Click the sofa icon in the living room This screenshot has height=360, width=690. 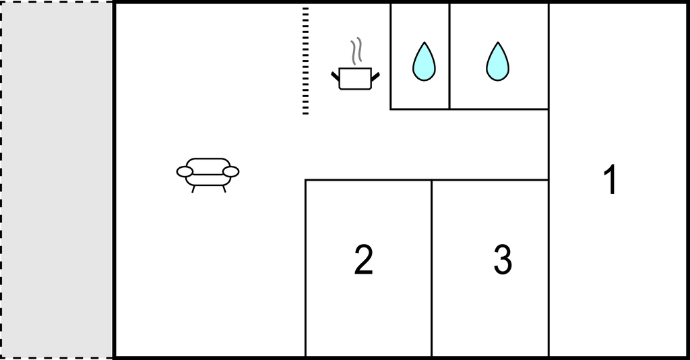(208, 175)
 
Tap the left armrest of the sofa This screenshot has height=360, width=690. (185, 172)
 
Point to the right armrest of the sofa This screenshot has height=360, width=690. (230, 172)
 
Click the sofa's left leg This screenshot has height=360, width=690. (193, 189)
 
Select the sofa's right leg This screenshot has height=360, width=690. (224, 189)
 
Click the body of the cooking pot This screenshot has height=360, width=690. (355, 79)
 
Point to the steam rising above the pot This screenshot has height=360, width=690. (356, 51)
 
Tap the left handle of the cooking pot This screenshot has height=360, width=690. (336, 77)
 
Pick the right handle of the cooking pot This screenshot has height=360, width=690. (375, 77)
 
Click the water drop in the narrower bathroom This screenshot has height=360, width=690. (424, 61)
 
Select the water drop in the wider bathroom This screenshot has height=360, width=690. (498, 61)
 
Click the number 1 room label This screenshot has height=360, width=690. (610, 179)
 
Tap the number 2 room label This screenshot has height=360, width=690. (363, 260)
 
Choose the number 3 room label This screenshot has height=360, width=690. (503, 260)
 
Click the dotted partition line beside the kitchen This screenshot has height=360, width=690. (305, 61)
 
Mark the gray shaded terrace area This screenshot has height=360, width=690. (57, 180)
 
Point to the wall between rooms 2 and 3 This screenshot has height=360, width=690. (432, 268)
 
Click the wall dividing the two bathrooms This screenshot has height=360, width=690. (449, 56)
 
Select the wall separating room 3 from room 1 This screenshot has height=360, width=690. (548, 268)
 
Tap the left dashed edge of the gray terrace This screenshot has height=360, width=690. (1, 180)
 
